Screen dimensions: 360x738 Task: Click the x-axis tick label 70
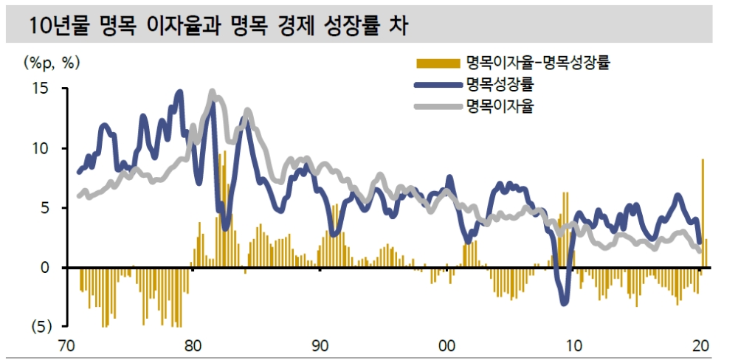coord(65,345)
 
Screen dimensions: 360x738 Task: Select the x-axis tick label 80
coord(192,345)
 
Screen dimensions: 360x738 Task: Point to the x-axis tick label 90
coord(320,345)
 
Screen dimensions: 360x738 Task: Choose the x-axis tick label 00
coord(446,345)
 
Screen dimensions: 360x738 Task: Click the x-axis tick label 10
coord(573,345)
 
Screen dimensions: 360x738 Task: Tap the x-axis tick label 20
coord(700,345)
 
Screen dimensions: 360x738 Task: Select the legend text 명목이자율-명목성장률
coord(537,61)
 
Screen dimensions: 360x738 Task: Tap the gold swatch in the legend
coord(436,61)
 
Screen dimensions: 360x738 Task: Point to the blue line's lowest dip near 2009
coord(565,301)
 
